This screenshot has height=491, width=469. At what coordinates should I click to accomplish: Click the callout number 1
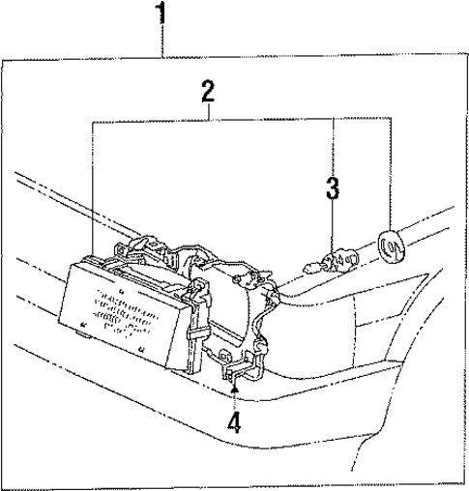[x=162, y=14]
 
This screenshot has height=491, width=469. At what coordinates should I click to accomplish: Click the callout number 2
[x=207, y=93]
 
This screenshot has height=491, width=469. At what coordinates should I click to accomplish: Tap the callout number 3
[x=333, y=188]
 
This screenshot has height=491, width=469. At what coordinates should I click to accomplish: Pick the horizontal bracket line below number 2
[x=242, y=119]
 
